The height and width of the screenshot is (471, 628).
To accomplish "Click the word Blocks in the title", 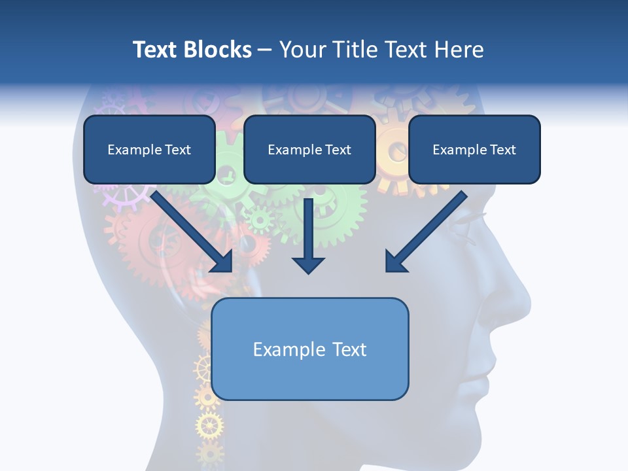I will point(217,50).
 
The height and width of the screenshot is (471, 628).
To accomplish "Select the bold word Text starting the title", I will point(155,50).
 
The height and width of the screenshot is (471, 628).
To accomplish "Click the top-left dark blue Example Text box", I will point(149,150).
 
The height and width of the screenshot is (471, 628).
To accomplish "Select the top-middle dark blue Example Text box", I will point(309,150).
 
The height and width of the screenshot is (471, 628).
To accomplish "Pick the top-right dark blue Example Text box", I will point(474,150).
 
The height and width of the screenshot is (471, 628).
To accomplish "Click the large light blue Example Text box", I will point(310,349).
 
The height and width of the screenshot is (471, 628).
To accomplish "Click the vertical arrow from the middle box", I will point(309,235).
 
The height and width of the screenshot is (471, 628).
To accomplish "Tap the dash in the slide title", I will point(265,50).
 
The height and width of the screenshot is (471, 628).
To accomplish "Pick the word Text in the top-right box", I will point(502,150).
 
